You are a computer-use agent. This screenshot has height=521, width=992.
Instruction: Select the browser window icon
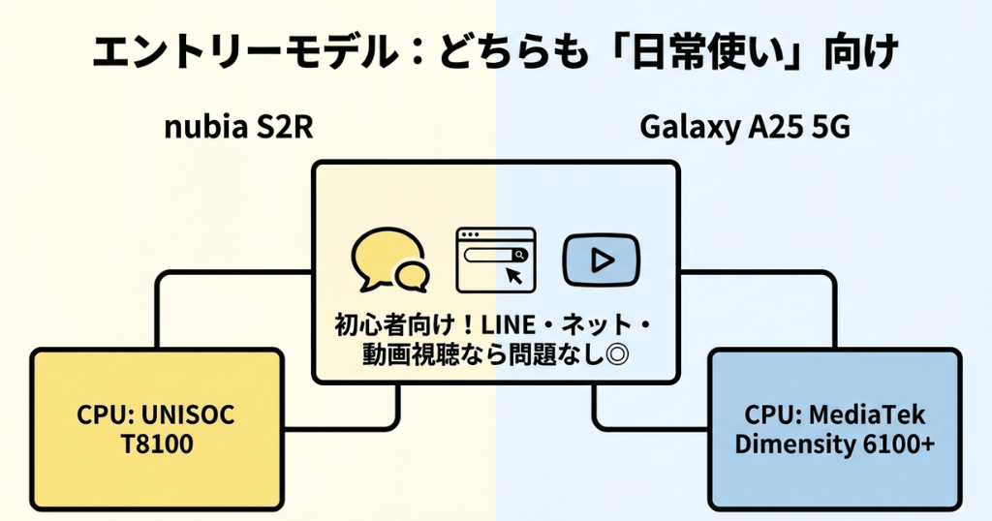pos(495,259)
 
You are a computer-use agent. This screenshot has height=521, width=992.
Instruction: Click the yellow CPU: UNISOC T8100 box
pos(157,429)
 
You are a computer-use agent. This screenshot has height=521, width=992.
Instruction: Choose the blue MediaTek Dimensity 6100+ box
pos(834,429)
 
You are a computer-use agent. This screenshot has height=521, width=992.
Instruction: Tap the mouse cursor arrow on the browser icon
pos(514,276)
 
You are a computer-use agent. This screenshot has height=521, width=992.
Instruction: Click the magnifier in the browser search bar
pos(520,255)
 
